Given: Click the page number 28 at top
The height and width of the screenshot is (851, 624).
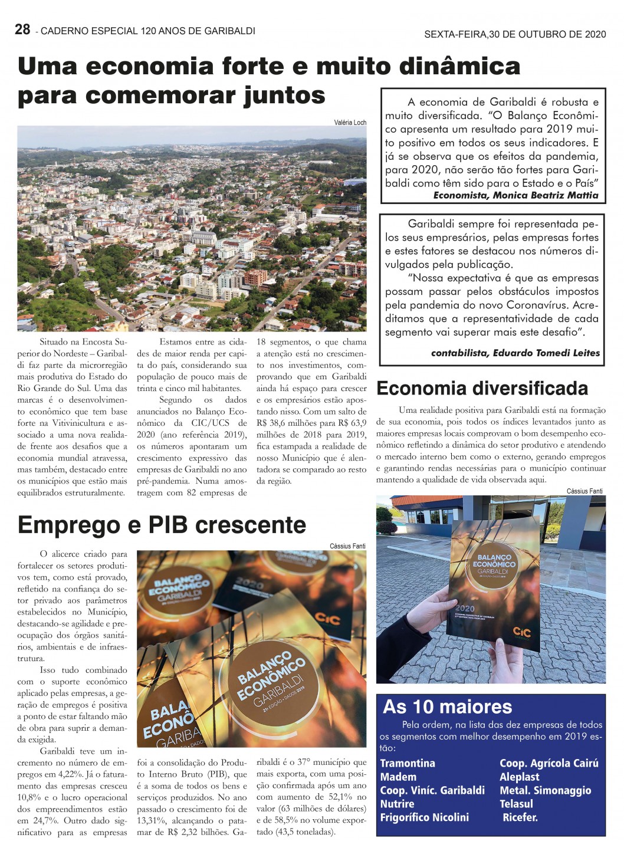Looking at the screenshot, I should click(22, 29).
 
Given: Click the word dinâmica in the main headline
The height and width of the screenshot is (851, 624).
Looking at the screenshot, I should click(460, 66).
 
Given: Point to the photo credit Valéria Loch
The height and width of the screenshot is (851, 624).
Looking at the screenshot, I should click(350, 123).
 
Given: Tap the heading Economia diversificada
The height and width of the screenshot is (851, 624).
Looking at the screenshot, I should click(482, 388).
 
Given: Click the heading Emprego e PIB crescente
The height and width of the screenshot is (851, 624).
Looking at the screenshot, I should click(162, 524).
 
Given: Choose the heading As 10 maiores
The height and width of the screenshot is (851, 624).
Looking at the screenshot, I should click(448, 707).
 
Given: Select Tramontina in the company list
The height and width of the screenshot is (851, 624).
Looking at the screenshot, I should click(408, 763).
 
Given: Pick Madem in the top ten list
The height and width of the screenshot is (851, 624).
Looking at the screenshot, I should click(398, 777).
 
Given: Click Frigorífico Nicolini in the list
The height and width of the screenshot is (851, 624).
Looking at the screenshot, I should click(424, 817).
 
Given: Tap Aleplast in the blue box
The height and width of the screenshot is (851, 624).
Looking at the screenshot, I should click(520, 777).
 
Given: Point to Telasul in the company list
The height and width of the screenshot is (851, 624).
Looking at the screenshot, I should click(516, 804).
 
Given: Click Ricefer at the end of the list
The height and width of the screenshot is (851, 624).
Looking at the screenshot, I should click(520, 817).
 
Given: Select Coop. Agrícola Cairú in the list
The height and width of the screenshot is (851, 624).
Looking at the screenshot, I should click(549, 763).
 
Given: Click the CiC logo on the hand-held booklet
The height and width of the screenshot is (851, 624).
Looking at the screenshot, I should click(521, 633).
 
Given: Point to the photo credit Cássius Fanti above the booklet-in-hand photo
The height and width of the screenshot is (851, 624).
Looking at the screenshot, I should click(584, 491).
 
